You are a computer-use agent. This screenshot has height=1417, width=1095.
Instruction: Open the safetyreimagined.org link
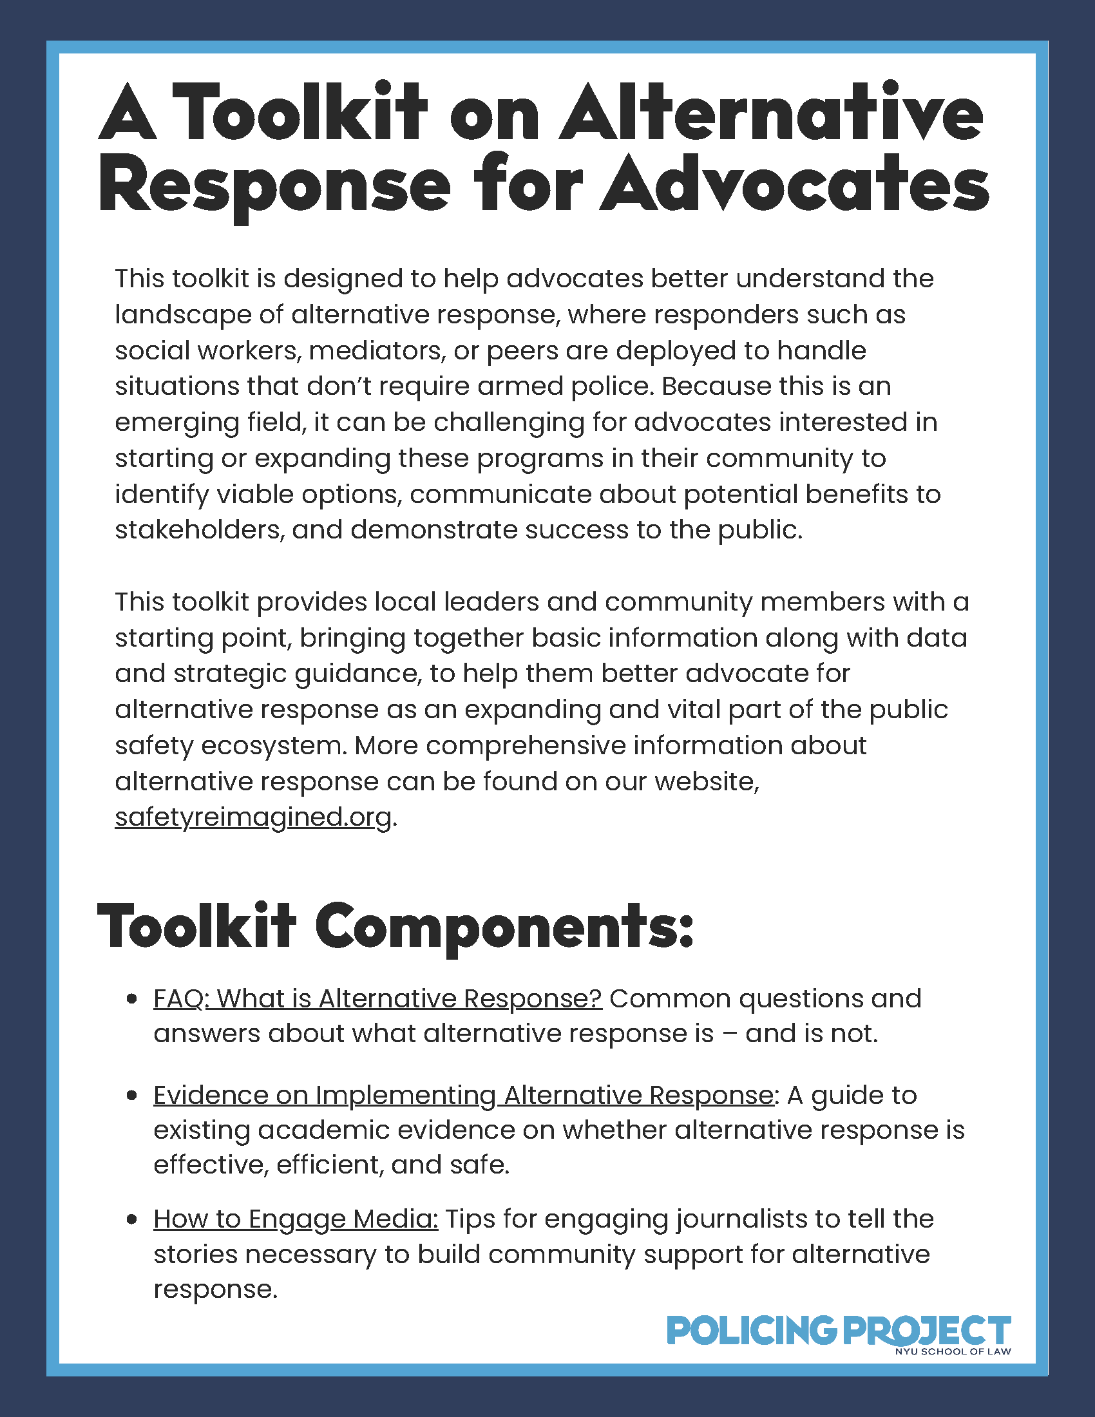click(x=253, y=817)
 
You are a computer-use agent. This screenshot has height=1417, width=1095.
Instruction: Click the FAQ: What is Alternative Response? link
click(x=377, y=998)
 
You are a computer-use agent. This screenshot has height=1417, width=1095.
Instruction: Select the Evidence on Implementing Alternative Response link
click(x=463, y=1095)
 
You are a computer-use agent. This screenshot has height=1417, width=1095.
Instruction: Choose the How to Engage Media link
click(x=296, y=1219)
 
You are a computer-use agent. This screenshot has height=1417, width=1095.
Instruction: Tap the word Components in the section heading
click(x=504, y=927)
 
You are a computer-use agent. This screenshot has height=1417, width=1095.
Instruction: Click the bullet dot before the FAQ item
click(x=132, y=999)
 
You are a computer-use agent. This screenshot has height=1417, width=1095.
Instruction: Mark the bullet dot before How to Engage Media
click(x=132, y=1220)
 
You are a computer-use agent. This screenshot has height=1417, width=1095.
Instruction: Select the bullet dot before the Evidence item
click(x=132, y=1096)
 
